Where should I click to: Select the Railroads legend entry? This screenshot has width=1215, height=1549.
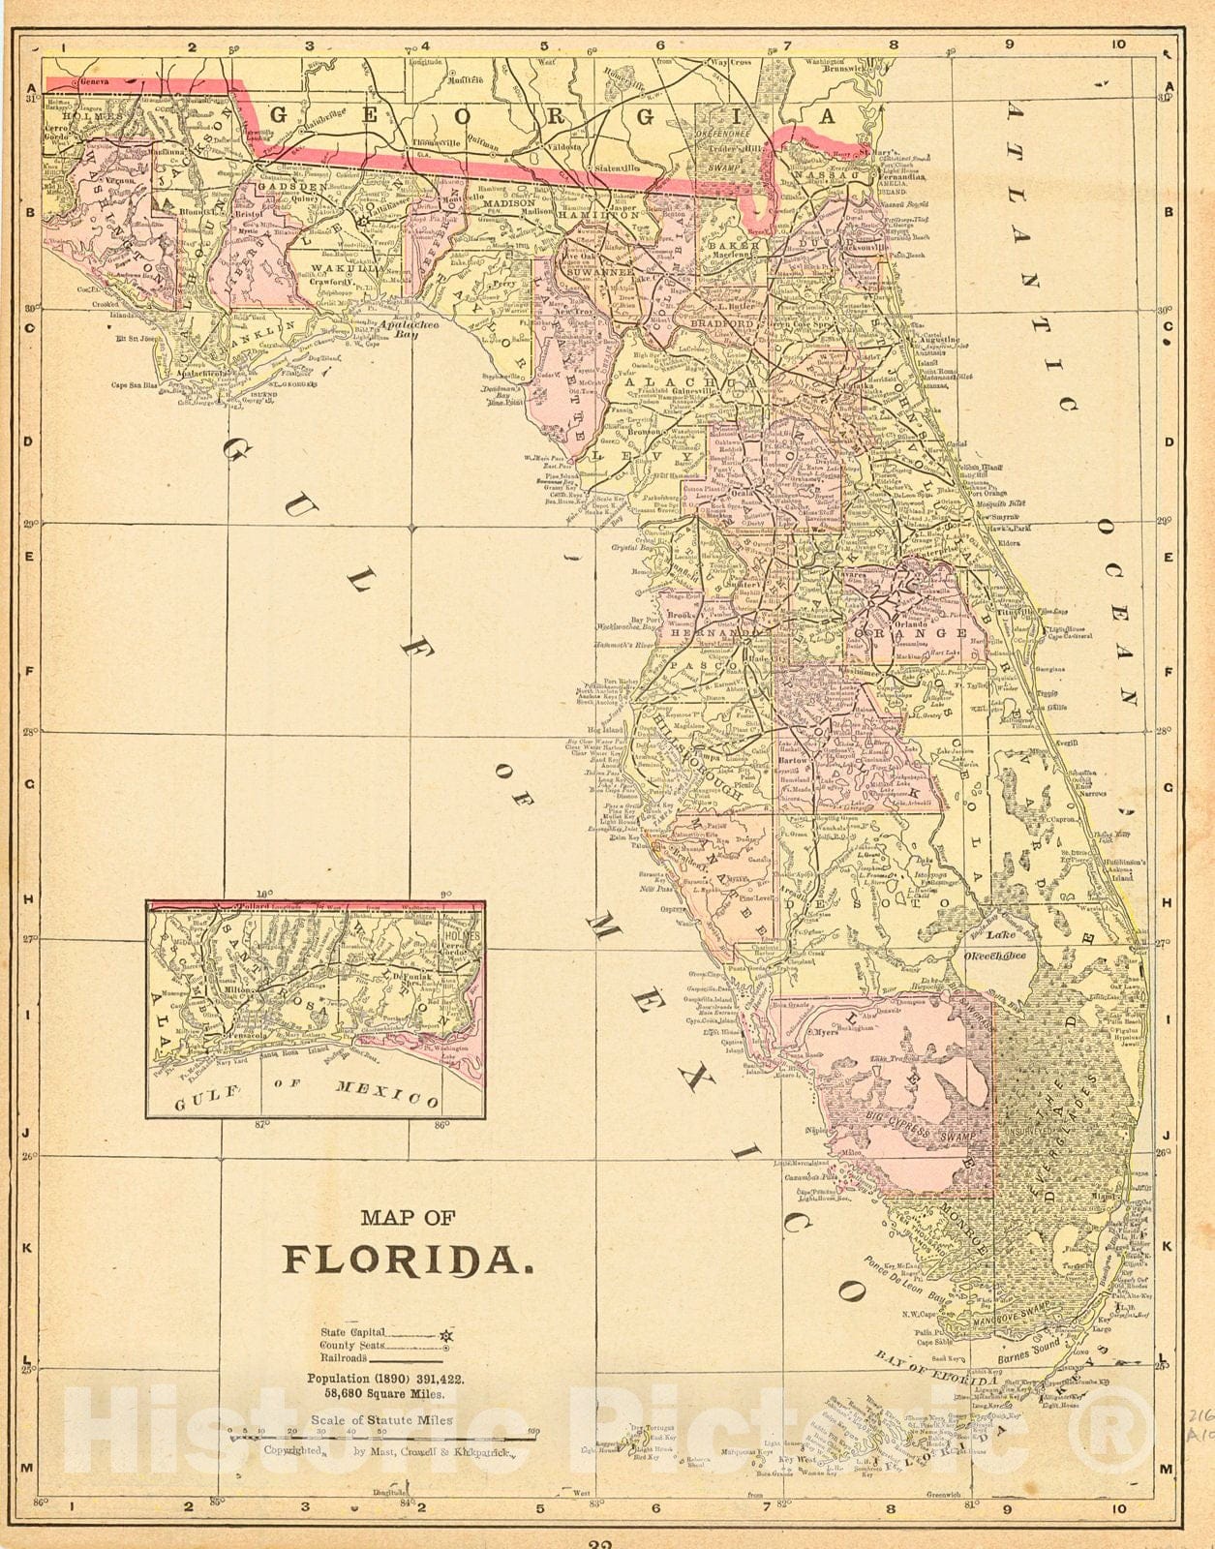click(345, 1358)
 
